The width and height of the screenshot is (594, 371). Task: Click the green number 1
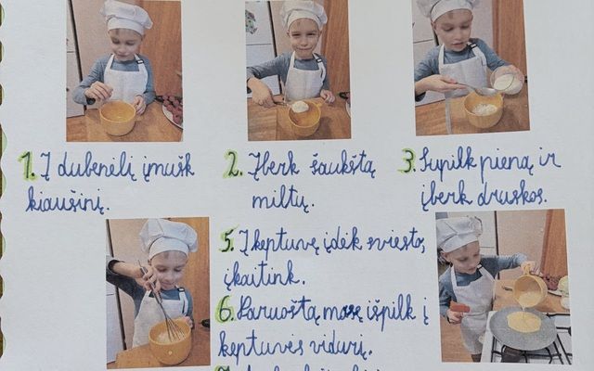coord(27,166)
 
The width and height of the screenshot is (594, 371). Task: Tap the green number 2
coord(232,164)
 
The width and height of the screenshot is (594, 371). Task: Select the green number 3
coord(407,161)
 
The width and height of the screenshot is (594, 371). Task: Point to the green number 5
coord(227,242)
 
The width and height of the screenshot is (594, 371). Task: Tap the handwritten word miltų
coord(279,198)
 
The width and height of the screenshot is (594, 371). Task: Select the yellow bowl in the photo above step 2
coord(303,117)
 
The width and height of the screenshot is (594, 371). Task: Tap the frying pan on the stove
coord(523,326)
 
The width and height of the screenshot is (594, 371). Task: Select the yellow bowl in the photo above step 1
coord(118,117)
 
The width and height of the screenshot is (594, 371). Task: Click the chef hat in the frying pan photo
coord(458,233)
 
